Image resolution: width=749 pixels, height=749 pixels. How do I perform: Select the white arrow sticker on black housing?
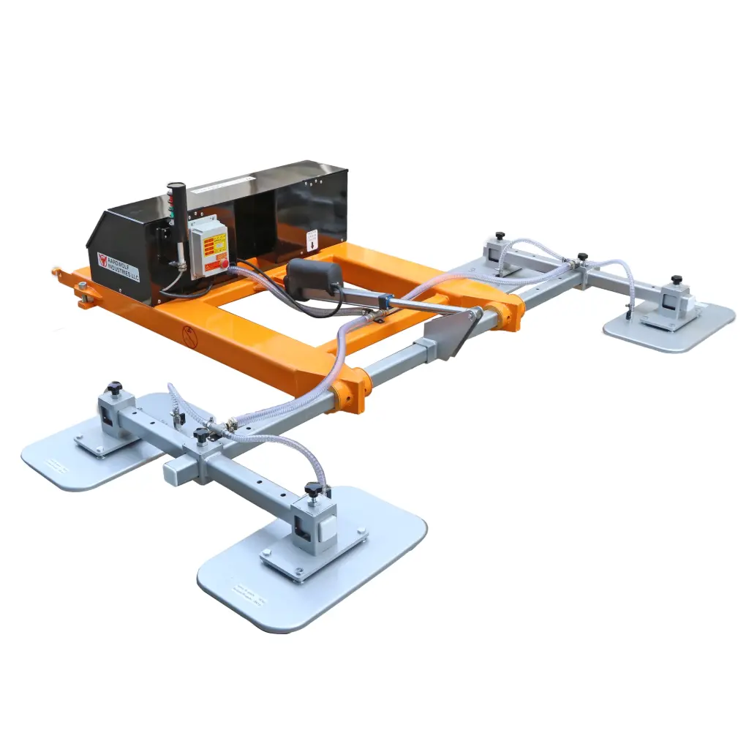(x=312, y=239)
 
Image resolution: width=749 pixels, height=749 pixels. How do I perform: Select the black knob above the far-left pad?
(x=114, y=388)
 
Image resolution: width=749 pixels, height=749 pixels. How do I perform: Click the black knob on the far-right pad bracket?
(x=677, y=280)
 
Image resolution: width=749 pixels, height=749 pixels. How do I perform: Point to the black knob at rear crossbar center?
(x=581, y=257)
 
